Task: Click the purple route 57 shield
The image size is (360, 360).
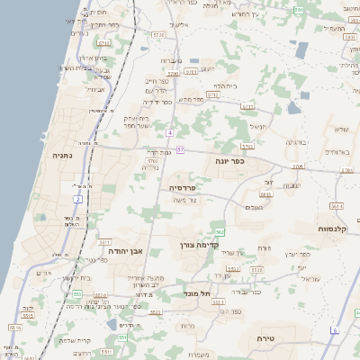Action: coord(180,149)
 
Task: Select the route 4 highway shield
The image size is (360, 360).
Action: coord(169,133)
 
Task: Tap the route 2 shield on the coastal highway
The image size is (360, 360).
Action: coord(79,198)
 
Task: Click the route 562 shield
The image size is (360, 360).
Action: coord(220,232)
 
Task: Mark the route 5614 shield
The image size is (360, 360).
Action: coord(336,206)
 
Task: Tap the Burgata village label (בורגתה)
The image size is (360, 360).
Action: coord(296,142)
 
